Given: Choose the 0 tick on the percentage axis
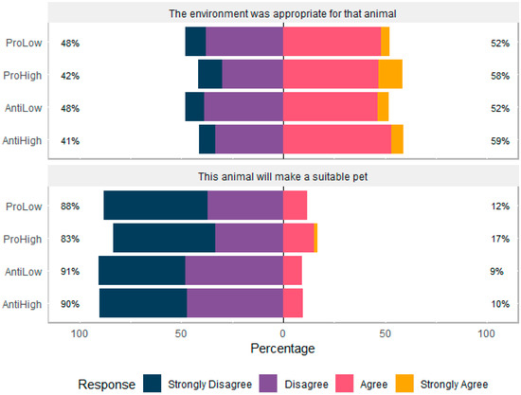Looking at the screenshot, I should pos(283,332).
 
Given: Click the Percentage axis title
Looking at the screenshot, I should pos(283,349).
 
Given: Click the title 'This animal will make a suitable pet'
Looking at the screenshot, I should pos(283,176).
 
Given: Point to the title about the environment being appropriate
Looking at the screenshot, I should pos(283,13).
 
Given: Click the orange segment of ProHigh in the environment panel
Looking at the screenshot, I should pos(390,74).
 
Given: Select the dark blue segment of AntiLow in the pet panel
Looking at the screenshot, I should pos(141,270).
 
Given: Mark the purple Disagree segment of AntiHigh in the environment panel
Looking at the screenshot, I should pos(249,139).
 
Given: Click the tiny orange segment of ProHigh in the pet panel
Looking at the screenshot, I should pos(315,238).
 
